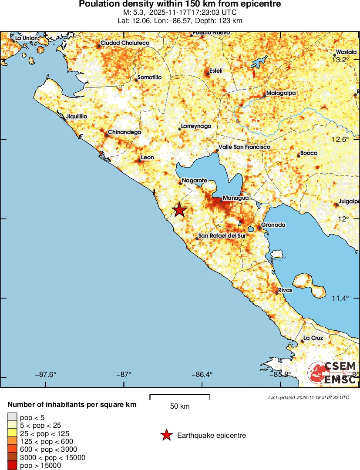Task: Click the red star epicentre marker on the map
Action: click(x=179, y=210)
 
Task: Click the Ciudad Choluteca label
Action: click(x=125, y=43)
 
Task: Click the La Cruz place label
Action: click(x=313, y=338)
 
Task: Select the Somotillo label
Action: click(x=149, y=77)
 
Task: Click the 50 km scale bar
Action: click(x=180, y=397)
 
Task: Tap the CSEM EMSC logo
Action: click(x=333, y=373)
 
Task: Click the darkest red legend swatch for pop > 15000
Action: click(x=12, y=466)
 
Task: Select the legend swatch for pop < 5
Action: click(x=12, y=417)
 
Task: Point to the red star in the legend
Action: click(x=166, y=435)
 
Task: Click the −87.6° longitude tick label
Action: click(x=47, y=374)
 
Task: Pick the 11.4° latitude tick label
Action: click(x=340, y=298)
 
